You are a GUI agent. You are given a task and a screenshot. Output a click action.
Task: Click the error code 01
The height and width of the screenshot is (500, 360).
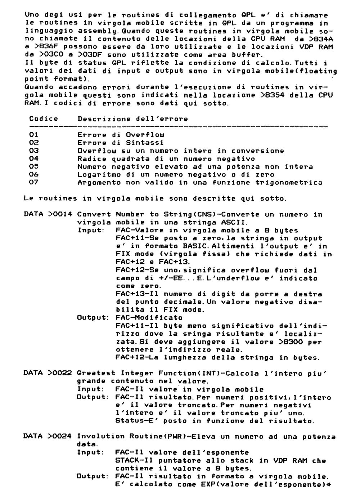pos(34,135)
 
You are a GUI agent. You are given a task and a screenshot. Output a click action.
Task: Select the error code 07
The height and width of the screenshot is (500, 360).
pos(34,182)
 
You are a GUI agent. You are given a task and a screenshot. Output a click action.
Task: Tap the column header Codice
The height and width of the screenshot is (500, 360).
pos(44,119)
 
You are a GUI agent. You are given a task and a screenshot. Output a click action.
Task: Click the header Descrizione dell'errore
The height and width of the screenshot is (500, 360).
pos(132,119)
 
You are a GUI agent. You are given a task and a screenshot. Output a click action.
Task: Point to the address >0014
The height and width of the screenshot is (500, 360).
pos(60,214)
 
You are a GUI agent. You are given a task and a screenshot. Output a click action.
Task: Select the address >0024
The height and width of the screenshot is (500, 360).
pos(60,437)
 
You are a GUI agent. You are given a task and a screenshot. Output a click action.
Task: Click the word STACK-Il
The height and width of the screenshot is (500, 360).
pos(131,460)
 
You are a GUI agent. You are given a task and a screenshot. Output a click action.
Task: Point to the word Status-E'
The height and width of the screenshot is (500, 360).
pos(133,421)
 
